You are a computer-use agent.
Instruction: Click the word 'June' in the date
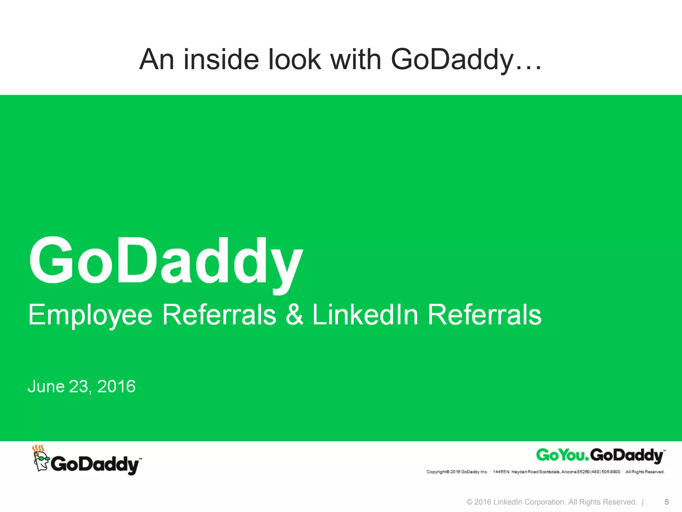coord(46,387)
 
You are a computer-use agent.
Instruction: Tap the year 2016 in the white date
coord(116,387)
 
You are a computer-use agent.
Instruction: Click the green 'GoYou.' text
coord(562,455)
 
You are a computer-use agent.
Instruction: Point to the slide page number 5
coord(666,502)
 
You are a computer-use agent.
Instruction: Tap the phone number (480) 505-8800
coord(605,472)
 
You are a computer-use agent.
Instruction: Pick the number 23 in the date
coord(79,387)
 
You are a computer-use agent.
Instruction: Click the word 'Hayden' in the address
coord(519,472)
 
